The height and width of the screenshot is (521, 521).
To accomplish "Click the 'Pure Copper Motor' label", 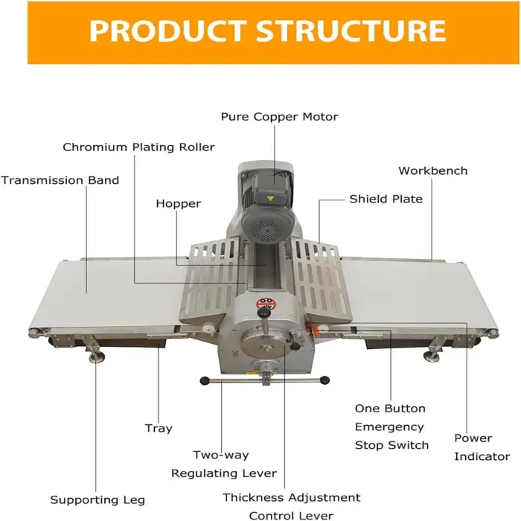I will point(279,117).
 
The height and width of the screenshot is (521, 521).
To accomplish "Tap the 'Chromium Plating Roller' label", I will point(138,147).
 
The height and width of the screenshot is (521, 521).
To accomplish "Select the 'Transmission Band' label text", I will point(60,180).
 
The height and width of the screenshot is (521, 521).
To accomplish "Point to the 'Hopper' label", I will point(178,203).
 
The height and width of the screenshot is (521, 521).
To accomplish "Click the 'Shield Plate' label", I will point(386,199).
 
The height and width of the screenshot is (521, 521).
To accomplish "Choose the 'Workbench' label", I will point(432,170).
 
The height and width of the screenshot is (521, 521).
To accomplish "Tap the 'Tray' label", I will point(158,428).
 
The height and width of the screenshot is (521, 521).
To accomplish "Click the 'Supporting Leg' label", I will point(98,499).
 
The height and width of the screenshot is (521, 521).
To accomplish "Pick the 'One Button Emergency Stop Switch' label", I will point(391,427).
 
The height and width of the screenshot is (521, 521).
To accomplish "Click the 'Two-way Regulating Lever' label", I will point(223,464).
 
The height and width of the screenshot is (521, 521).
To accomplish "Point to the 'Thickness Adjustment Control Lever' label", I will point(292,506).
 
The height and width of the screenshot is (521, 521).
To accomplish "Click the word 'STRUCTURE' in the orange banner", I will point(351,31).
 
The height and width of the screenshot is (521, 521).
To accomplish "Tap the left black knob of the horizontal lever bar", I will point(205,381).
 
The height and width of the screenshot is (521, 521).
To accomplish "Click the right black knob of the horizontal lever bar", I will point(325,381).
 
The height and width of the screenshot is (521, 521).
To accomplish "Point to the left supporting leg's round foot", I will point(95,360).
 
